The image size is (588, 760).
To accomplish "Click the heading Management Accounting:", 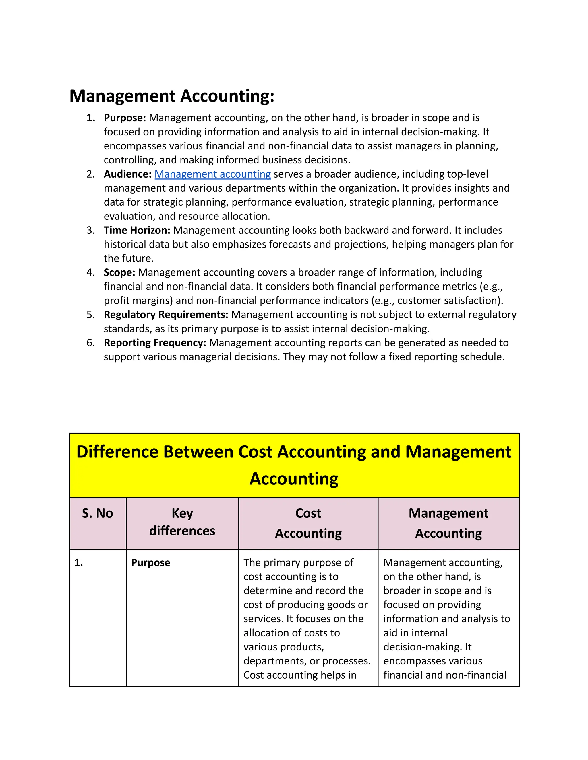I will tap(172, 96).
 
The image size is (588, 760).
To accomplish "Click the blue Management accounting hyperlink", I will tap(212, 174).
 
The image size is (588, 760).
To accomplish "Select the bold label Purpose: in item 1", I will tap(125, 118).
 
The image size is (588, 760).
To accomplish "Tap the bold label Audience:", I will tap(127, 174).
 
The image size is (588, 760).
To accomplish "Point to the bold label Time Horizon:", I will tap(137, 230).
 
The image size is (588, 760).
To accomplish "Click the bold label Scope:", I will tap(119, 272).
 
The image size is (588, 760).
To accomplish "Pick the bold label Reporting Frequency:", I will tap(155, 343).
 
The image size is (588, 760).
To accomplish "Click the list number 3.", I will tap(90, 230).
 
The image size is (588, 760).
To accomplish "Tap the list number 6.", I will tap(90, 343).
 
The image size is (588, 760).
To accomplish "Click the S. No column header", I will tap(98, 513).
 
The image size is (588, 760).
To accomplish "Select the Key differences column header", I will tap(182, 522).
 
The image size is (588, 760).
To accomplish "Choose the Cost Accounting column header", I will tap(308, 523).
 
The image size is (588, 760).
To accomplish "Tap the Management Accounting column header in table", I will tap(448, 523).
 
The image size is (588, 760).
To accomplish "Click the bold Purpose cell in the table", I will tap(150, 563).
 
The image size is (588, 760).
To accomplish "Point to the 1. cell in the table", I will tap(79, 563).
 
